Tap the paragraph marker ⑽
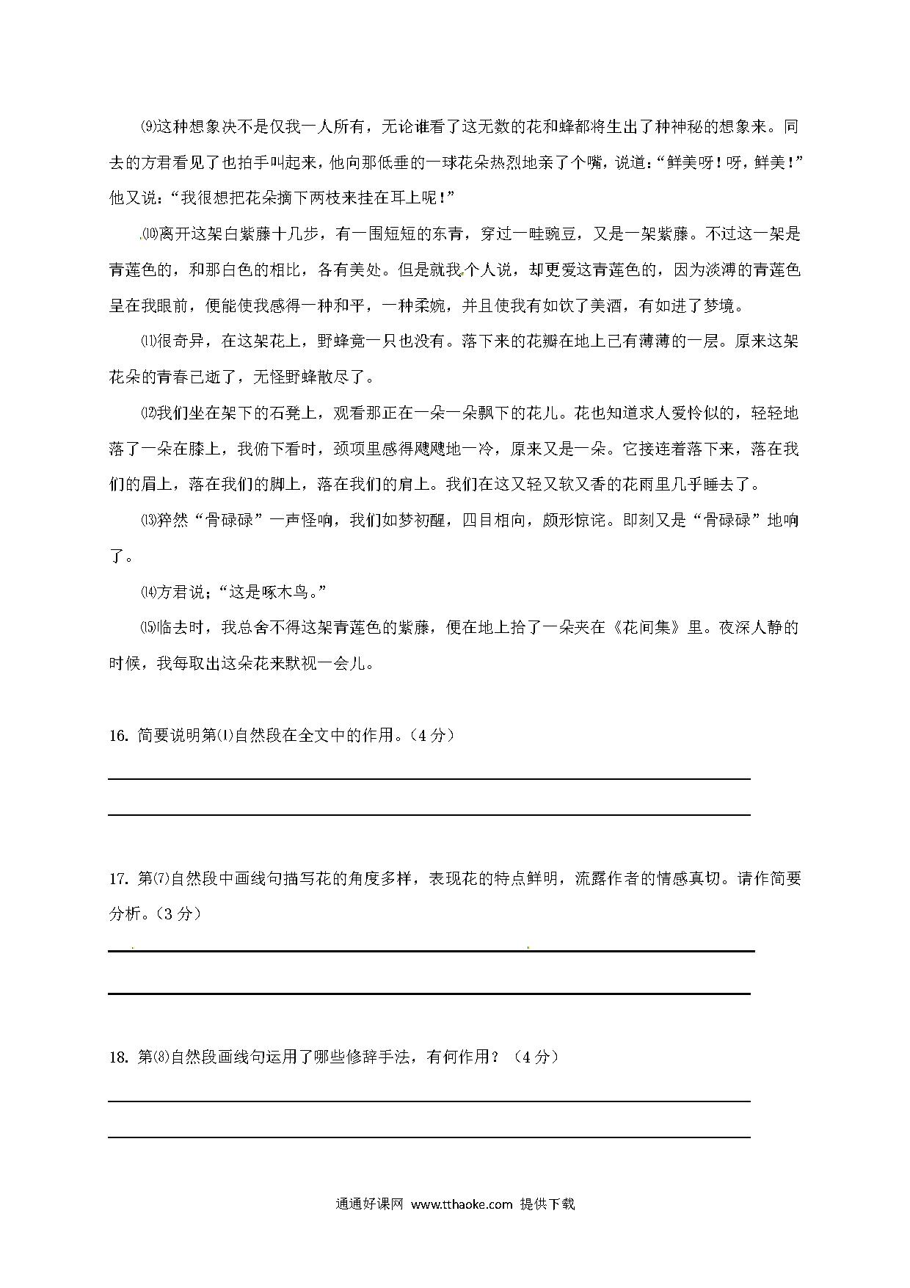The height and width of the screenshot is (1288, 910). tap(149, 234)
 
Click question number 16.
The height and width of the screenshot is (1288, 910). tap(119, 736)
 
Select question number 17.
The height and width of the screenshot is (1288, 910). tap(119, 879)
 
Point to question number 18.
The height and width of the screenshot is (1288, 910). tap(119, 1057)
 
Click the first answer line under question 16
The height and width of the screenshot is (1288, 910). tap(429, 778)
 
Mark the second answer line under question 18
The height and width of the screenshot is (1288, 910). tap(429, 1137)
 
